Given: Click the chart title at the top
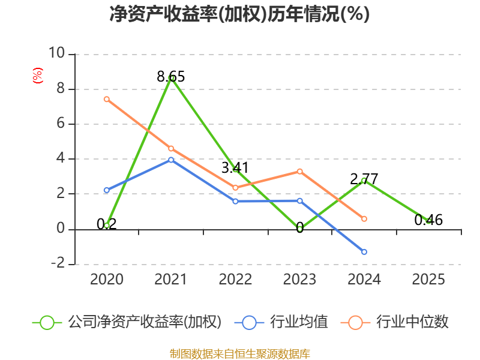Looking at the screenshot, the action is (x=239, y=14).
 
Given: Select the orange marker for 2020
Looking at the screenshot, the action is (x=107, y=99).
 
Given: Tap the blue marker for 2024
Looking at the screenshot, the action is (x=364, y=252).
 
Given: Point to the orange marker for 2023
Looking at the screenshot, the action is (x=299, y=172).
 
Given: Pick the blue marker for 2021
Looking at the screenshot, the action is (x=171, y=160).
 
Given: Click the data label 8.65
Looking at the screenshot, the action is (x=171, y=77).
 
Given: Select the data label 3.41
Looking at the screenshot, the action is (x=235, y=168).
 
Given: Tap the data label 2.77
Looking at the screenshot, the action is (x=364, y=179).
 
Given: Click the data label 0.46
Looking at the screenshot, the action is (x=428, y=220).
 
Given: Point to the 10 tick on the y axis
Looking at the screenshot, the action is (x=57, y=53).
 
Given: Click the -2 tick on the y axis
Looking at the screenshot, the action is (x=58, y=263).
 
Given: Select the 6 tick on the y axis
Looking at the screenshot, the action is (x=61, y=123).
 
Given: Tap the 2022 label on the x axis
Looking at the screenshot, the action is (x=235, y=279).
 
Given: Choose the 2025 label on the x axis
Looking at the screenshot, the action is (x=428, y=279).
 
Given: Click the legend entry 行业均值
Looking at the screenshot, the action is (x=281, y=322).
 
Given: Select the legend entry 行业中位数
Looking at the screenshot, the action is (x=395, y=322).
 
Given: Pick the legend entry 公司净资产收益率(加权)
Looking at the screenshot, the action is (x=127, y=322).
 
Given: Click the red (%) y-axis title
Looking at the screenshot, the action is (x=38, y=76).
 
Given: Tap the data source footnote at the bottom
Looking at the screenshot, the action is (x=240, y=354).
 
